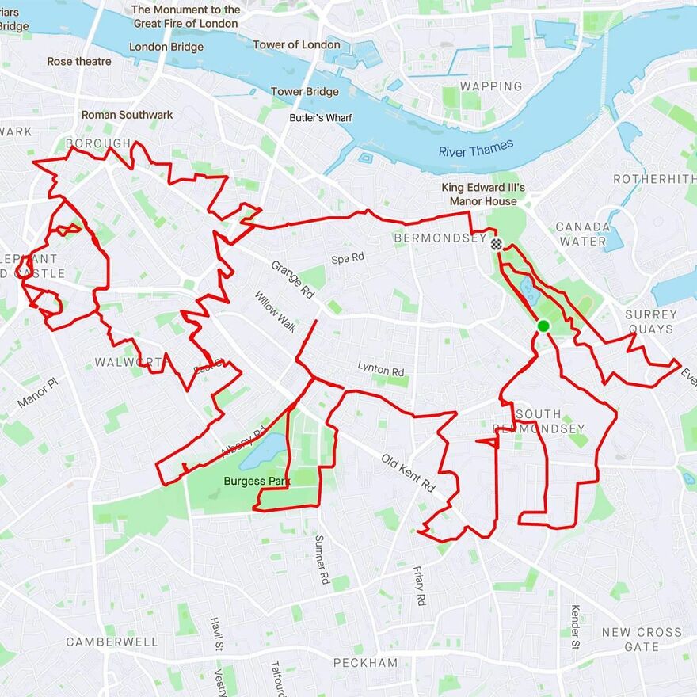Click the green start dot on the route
[x=543, y=326]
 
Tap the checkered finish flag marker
[x=497, y=244]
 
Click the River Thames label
[x=476, y=148]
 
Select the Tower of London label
[x=297, y=44]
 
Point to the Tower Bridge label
[x=305, y=92]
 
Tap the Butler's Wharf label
[x=320, y=118]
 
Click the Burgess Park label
[x=257, y=481]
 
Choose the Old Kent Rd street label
[x=409, y=473]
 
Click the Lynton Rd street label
[x=380, y=369]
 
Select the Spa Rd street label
[x=348, y=257]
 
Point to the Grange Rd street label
[x=292, y=280]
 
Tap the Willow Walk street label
[x=276, y=313]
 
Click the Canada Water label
[x=583, y=234]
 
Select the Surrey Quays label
[x=650, y=322]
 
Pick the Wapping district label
[x=491, y=86]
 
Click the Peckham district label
[x=365, y=662]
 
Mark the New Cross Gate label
[x=641, y=639]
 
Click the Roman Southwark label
[x=127, y=115]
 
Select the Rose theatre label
[x=79, y=61]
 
